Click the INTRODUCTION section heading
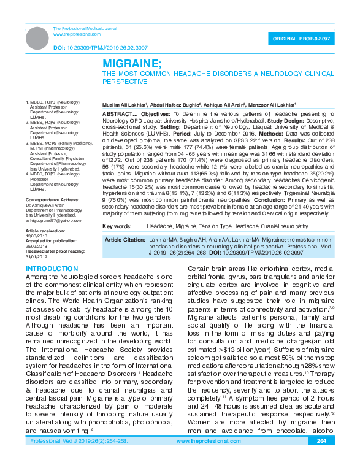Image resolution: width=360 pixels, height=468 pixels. pos(52,269)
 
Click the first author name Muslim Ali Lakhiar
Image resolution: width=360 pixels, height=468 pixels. pos(125,105)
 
